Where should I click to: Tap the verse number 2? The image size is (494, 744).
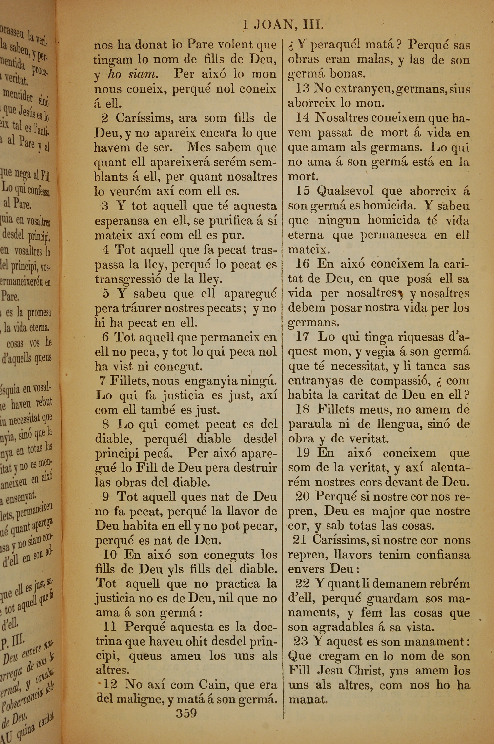coord(105,118)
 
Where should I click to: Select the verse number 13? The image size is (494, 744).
coord(303,89)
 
